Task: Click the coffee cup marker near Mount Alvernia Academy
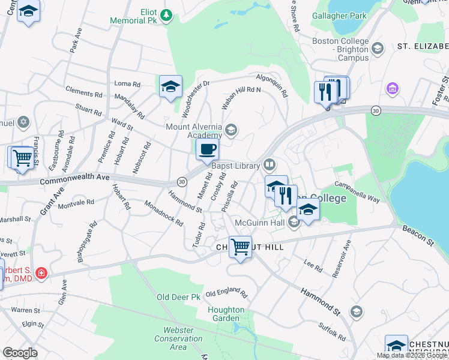coord(207,150)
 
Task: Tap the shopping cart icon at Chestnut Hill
coord(240,246)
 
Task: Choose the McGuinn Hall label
coord(259,223)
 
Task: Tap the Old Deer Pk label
coord(178,297)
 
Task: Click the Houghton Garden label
coord(226,314)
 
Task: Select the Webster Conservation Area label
coord(182,338)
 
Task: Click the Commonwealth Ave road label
coord(75,178)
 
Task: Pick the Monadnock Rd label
coord(164,212)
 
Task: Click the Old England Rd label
coord(226,294)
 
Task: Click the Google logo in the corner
coord(20,353)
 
